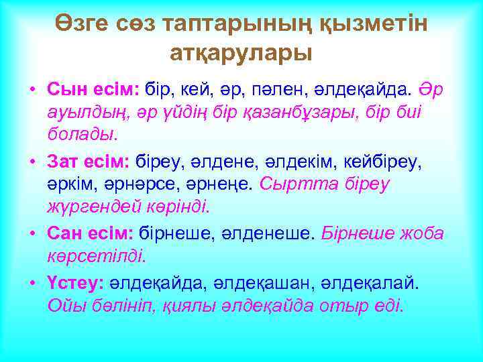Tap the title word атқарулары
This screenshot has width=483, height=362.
241,52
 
